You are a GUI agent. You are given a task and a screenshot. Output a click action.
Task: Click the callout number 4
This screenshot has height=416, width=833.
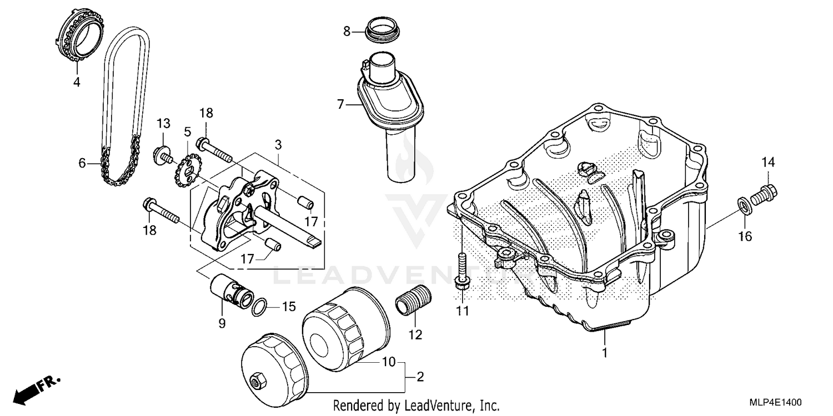pos(77,83)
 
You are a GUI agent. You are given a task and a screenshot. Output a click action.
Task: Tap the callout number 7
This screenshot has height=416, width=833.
pos(340,103)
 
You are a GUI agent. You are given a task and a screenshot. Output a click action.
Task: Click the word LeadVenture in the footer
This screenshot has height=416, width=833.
pos(441,405)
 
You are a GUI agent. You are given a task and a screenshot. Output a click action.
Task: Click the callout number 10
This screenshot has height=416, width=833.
pos(389,362)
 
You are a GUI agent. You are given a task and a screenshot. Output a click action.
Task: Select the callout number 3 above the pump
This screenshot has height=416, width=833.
pos(278,145)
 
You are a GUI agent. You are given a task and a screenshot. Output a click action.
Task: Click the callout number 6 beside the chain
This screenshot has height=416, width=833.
pos(82,163)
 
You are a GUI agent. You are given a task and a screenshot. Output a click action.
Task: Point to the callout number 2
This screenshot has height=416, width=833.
pos(420,377)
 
